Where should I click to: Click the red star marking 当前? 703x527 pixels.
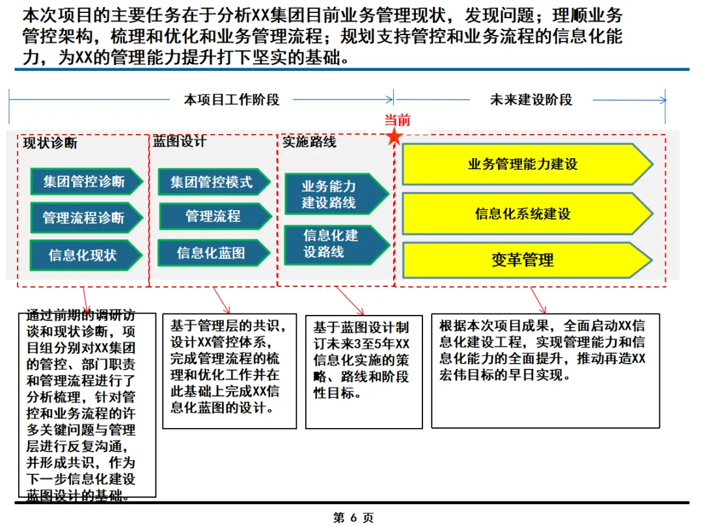pyautogui.click(x=394, y=137)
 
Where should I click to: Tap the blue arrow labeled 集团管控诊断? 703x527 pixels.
pyautogui.click(x=85, y=181)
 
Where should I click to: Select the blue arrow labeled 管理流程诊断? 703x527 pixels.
pyautogui.click(x=85, y=217)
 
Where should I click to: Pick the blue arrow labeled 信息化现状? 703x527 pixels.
pyautogui.click(x=85, y=254)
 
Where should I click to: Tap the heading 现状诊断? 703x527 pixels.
pyautogui.click(x=50, y=143)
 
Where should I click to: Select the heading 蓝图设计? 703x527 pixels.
pyautogui.click(x=180, y=141)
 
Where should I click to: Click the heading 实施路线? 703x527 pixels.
pyautogui.click(x=309, y=141)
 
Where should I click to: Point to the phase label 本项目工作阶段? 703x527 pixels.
pyautogui.click(x=232, y=100)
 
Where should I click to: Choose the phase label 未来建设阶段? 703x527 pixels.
pyautogui.click(x=531, y=100)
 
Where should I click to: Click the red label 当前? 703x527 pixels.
pyautogui.click(x=397, y=120)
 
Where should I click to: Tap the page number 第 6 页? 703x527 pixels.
pyautogui.click(x=353, y=518)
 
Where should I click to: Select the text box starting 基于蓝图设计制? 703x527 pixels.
pyautogui.click(x=363, y=372)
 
